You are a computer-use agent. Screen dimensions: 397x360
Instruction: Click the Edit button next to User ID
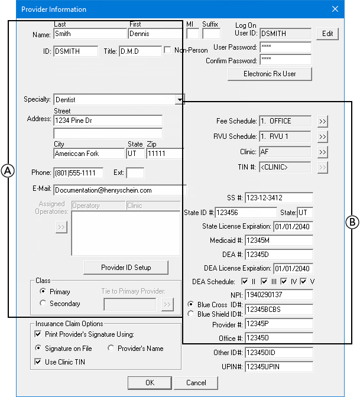coord(327,34)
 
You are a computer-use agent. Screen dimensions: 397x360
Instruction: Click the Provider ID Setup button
coord(126,268)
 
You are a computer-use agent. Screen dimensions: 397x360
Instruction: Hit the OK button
coord(150,382)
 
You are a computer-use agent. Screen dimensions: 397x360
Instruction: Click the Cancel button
coord(196,382)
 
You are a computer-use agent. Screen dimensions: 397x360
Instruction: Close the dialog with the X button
coord(335,9)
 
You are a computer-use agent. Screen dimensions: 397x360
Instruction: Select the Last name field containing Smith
coord(89,34)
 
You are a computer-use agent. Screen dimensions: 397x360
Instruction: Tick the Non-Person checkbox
coord(167,50)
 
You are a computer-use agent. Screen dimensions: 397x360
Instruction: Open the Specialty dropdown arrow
coord(179,100)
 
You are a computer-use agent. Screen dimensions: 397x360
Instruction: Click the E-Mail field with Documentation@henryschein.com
coord(119,190)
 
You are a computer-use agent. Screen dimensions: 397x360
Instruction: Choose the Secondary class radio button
coord(43,304)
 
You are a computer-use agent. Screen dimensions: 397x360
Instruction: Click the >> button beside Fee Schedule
coord(322,121)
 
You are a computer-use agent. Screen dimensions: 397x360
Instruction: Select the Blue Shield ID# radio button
coord(191,314)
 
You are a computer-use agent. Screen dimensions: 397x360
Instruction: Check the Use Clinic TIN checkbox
coord(38,362)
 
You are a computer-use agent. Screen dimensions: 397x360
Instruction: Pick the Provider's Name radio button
coord(111,349)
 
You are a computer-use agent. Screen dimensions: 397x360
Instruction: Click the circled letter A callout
coord(8,171)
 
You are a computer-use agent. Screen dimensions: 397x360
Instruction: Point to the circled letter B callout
coord(352,222)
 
